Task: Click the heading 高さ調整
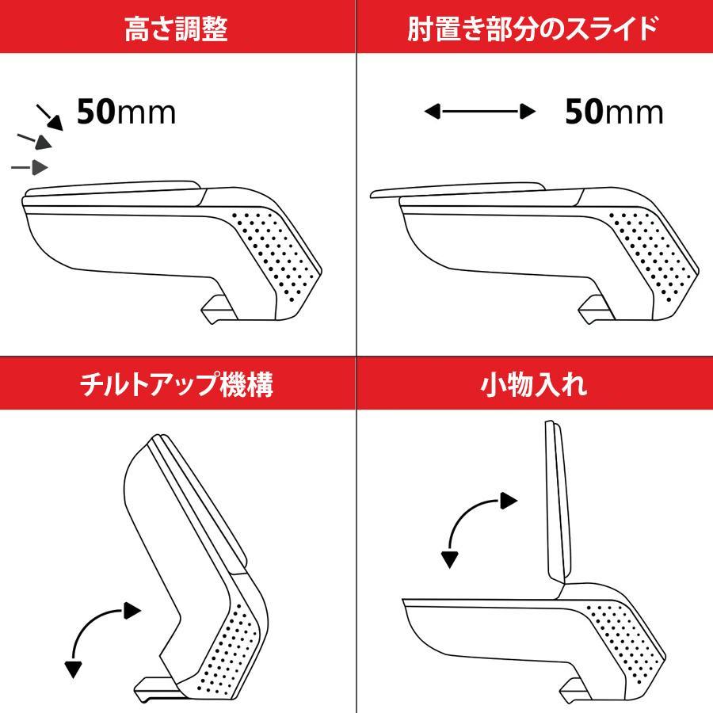(x=177, y=29)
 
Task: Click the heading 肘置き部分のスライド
(x=534, y=29)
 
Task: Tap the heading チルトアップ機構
(x=177, y=386)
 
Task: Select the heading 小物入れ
(x=534, y=386)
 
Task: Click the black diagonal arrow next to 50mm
(x=51, y=117)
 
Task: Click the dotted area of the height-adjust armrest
(x=277, y=250)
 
